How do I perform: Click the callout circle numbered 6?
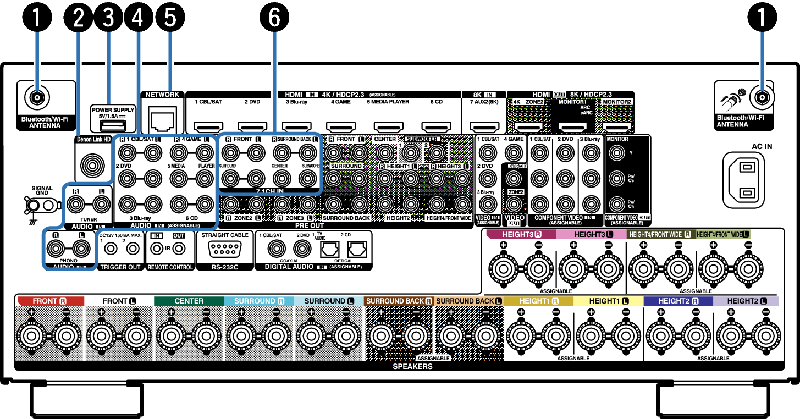[274, 18]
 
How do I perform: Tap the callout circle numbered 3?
[108, 18]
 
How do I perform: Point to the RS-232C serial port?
[224, 249]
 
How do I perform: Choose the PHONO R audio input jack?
[56, 249]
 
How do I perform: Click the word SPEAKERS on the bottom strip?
[412, 366]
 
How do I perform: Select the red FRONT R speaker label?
[49, 301]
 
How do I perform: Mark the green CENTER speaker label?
[189, 301]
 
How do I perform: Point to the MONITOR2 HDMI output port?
[616, 127]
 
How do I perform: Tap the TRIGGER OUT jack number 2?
[133, 249]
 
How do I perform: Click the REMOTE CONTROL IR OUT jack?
[179, 249]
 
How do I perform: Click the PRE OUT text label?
[309, 225]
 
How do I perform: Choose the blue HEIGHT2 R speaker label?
[678, 301]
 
